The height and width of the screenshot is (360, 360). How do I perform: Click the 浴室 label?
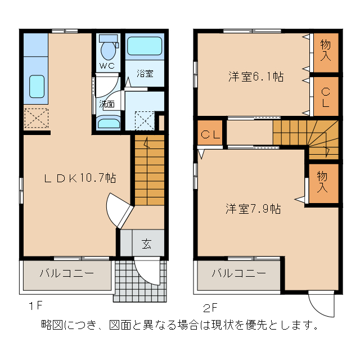click(x=145, y=74)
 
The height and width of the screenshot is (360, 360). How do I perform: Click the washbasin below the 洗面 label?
click(x=108, y=123)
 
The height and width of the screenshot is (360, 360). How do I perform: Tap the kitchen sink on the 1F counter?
click(x=36, y=87)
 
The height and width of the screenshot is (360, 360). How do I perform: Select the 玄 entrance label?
click(x=146, y=244)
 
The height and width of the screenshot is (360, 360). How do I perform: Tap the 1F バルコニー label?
click(x=67, y=274)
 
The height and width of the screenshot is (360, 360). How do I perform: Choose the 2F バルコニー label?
click(x=238, y=274)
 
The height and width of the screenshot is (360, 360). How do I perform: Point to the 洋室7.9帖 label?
click(x=253, y=209)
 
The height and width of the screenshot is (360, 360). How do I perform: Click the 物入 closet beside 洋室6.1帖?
click(x=325, y=50)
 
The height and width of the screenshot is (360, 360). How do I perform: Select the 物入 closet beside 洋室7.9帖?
click(x=322, y=182)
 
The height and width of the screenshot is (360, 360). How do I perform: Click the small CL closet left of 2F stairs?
click(x=210, y=134)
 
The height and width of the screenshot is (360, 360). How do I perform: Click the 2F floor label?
click(x=210, y=308)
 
